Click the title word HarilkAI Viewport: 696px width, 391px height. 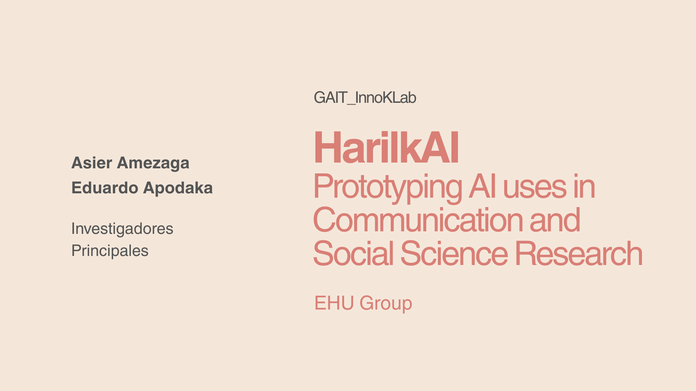(x=386, y=148)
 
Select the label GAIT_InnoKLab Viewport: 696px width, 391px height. (x=365, y=98)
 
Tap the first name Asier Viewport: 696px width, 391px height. (x=92, y=163)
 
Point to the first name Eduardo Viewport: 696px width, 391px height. (x=105, y=188)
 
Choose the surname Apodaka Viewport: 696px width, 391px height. (x=178, y=188)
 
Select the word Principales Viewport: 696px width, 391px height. (x=110, y=251)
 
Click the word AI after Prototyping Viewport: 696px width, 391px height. (x=482, y=186)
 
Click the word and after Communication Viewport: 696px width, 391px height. (x=555, y=220)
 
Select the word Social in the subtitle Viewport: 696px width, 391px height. (x=353, y=253)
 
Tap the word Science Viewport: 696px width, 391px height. (x=454, y=253)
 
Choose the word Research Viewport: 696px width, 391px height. (x=579, y=253)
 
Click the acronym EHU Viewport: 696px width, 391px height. (x=334, y=303)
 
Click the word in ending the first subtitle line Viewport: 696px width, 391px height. (x=584, y=186)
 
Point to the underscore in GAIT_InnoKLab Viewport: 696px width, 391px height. (x=351, y=104)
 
